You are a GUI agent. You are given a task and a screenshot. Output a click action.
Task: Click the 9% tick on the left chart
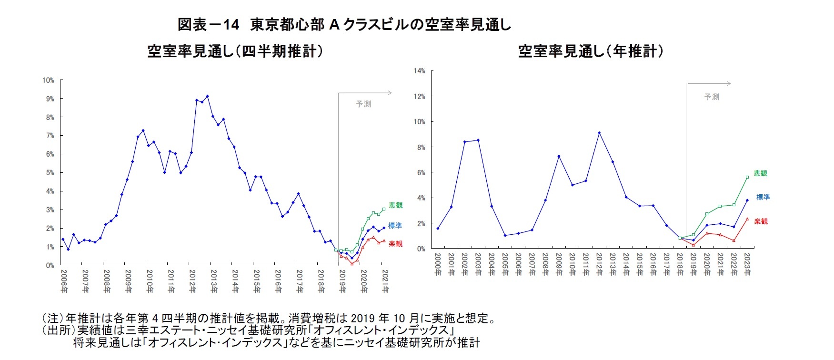pyautogui.click(x=50, y=99)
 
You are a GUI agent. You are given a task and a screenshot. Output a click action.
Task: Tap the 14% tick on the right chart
pyautogui.click(x=419, y=71)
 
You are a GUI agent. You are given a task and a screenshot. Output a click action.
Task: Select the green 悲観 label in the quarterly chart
pyautogui.click(x=395, y=205)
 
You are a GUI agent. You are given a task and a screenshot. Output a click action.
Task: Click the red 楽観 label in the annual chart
pyautogui.click(x=761, y=221)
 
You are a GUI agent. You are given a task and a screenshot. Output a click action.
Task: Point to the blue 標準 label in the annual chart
pyautogui.click(x=763, y=197)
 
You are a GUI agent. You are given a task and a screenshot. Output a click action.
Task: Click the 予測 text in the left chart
pyautogui.click(x=363, y=104)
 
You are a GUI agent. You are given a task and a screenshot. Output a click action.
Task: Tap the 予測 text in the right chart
pyautogui.click(x=712, y=97)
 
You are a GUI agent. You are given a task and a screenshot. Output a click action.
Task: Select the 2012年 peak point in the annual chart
pyautogui.click(x=599, y=133)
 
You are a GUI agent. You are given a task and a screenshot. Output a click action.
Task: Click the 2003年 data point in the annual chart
pyautogui.click(x=478, y=140)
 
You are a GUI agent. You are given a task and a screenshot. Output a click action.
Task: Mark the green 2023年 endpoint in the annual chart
pyautogui.click(x=747, y=177)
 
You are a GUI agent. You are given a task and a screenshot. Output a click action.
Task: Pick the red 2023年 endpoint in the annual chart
pyautogui.click(x=747, y=219)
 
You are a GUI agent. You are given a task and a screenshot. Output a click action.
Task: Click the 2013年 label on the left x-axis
pyautogui.click(x=214, y=281)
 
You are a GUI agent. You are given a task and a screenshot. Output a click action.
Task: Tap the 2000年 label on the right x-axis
pyautogui.click(x=438, y=265)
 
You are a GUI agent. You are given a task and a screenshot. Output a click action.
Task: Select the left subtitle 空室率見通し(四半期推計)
pyautogui.click(x=235, y=51)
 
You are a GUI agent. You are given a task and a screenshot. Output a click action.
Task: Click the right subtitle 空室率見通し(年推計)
pyautogui.click(x=590, y=51)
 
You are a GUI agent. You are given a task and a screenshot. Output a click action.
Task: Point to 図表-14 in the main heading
pyautogui.click(x=208, y=25)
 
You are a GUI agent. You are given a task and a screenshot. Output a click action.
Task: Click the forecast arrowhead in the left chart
pyautogui.click(x=390, y=93)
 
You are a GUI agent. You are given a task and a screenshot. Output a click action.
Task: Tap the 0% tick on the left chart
pyautogui.click(x=50, y=265)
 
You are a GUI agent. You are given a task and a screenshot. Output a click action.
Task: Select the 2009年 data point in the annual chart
pyautogui.click(x=559, y=156)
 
